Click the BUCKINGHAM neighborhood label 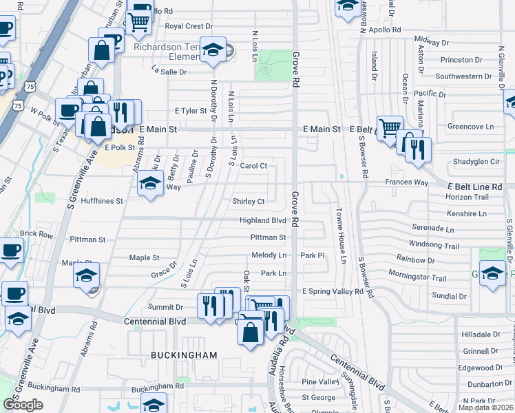pyautogui.click(x=174, y=355)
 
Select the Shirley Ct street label pyautogui.click(x=249, y=202)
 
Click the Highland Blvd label pyautogui.click(x=262, y=220)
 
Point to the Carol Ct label pyautogui.click(x=253, y=166)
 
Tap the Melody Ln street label pyautogui.click(x=269, y=255)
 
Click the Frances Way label pyautogui.click(x=406, y=182)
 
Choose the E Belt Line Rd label pyautogui.click(x=475, y=187)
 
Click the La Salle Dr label pyautogui.click(x=169, y=72)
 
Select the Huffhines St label pyautogui.click(x=101, y=202)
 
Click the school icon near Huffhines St pyautogui.click(x=149, y=184)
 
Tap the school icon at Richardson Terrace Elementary pyautogui.click(x=213, y=50)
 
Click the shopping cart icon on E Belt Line pyautogui.click(x=390, y=127)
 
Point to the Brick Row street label pyautogui.click(x=36, y=234)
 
